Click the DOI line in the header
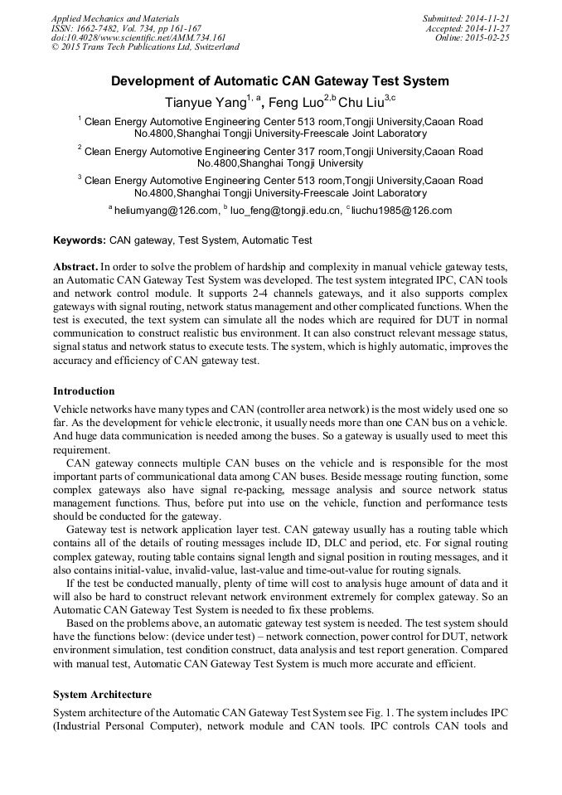coord(138,37)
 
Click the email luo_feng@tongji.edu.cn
coord(285,211)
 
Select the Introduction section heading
coord(84,391)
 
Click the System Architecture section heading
coord(102,694)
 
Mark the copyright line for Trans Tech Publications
coord(145,47)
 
